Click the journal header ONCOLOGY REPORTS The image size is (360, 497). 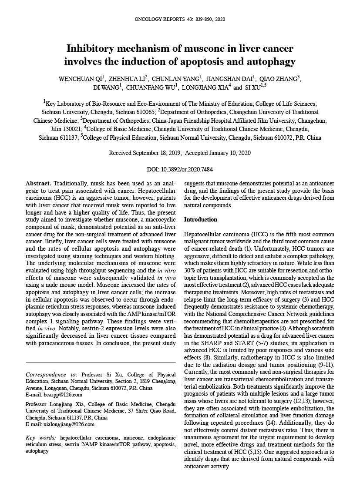click(160, 20)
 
